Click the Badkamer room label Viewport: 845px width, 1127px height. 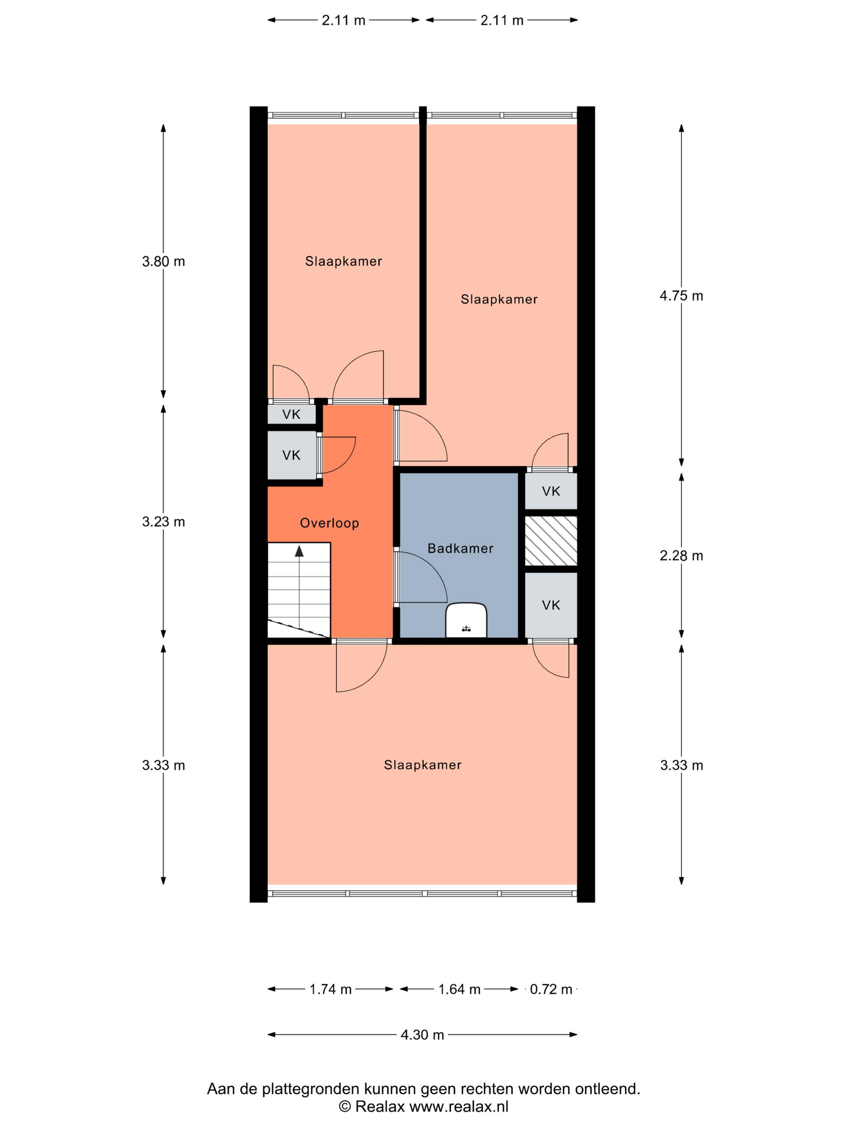tap(460, 548)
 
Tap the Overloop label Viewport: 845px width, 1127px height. tap(330, 523)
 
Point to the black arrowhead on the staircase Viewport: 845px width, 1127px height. tap(299, 551)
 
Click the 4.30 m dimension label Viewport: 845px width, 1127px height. tap(422, 1035)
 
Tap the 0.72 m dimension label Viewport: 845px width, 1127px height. tap(551, 989)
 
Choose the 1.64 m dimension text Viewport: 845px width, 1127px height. tap(460, 989)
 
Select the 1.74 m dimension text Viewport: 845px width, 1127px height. tap(331, 989)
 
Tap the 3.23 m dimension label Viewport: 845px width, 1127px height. tap(163, 522)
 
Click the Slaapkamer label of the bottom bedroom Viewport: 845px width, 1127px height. tap(423, 765)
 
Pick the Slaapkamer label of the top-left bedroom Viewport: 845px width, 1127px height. tap(343, 261)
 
